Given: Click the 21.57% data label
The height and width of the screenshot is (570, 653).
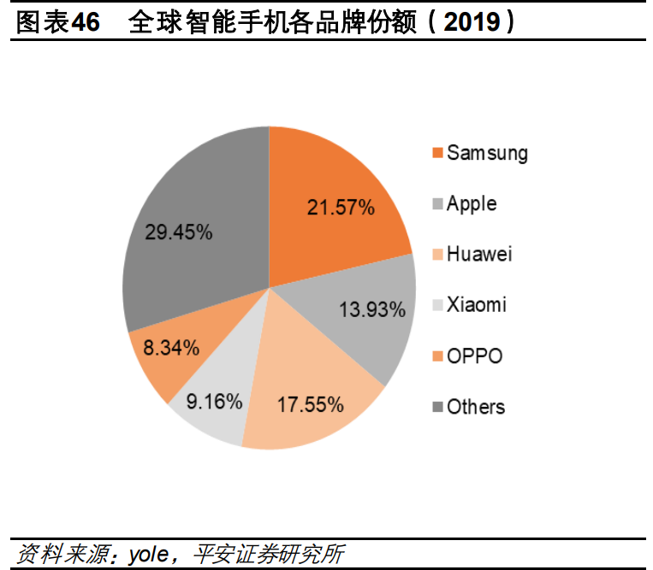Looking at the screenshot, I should [341, 207].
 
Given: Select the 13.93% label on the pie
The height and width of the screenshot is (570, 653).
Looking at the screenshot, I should [371, 309].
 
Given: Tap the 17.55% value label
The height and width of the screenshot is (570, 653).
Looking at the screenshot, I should [310, 403].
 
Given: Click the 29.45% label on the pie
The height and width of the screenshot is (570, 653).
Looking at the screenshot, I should [179, 232].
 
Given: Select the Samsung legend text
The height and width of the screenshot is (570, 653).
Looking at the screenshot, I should [487, 154].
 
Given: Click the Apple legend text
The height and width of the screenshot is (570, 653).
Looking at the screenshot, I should [471, 204].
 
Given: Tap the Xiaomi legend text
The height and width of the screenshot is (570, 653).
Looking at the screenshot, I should [476, 305].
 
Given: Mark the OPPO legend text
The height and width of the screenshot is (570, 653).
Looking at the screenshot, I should [474, 356].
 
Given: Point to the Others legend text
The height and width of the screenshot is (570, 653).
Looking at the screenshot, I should [476, 407].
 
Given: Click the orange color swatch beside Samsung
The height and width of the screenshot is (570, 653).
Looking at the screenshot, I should [437, 154].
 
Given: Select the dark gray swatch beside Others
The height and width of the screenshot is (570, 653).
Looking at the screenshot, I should [437, 408].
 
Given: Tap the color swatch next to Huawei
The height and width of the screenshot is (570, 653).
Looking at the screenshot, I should [437, 256].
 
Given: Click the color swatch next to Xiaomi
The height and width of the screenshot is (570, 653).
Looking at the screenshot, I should [437, 306].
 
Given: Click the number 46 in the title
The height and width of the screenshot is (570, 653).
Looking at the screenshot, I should [86, 22].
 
